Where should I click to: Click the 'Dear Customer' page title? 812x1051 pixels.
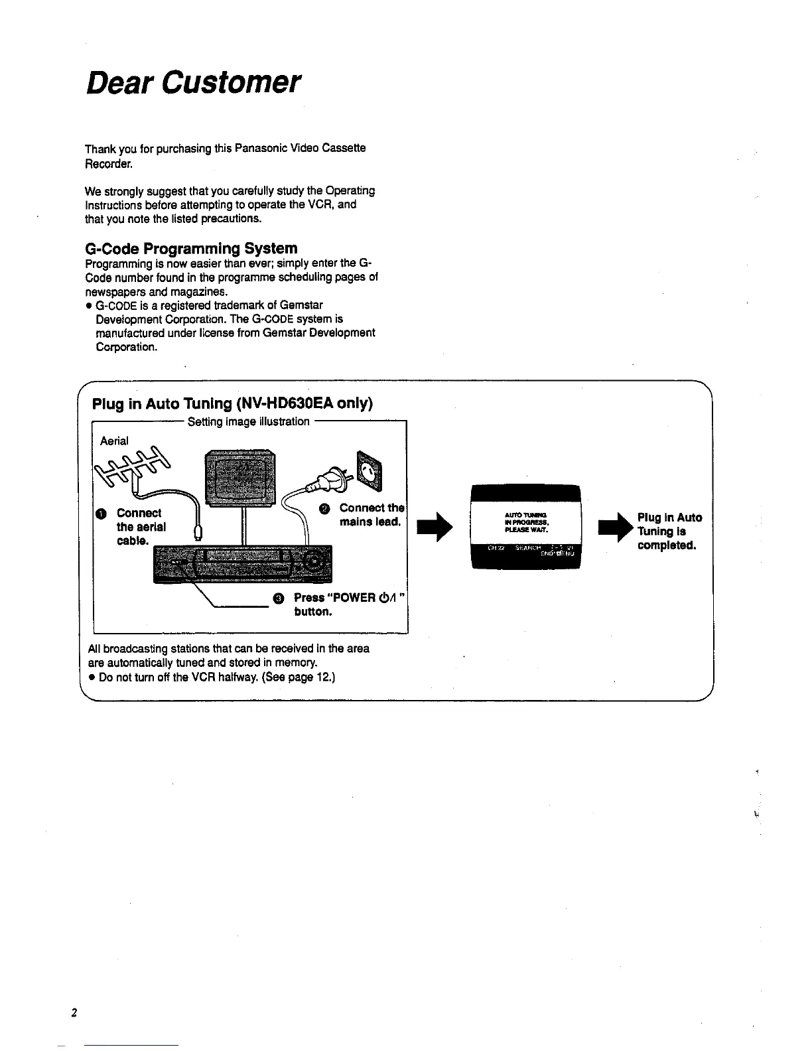[194, 83]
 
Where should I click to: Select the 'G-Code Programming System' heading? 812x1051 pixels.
[192, 248]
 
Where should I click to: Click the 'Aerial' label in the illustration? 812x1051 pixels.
[115, 441]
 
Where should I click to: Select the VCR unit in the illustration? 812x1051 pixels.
[242, 563]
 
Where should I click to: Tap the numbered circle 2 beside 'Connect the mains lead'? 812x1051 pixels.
[324, 508]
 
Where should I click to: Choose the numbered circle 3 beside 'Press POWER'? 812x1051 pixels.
[278, 598]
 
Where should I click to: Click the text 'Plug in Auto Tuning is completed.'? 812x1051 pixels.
[669, 531]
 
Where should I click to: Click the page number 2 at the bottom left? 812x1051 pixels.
[75, 1013]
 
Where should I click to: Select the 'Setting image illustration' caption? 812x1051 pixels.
[249, 421]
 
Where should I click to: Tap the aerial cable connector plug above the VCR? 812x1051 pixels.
[198, 532]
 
